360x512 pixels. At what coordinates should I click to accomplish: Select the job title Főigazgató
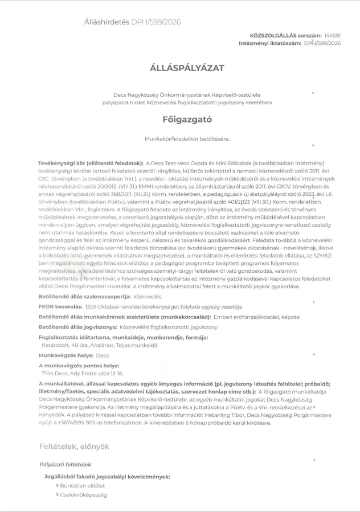click(179, 120)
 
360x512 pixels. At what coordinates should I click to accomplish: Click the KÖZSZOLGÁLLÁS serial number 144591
click(333, 35)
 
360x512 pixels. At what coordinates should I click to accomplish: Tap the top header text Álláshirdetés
click(107, 22)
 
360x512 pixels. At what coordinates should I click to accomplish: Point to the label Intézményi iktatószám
click(270, 43)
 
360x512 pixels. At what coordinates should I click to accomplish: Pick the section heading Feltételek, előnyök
click(74, 447)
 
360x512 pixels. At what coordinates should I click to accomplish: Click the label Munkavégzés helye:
click(65, 355)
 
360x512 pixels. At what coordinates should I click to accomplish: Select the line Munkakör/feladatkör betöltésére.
click(179, 138)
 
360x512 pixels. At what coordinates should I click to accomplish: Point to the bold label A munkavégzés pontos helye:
click(79, 365)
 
